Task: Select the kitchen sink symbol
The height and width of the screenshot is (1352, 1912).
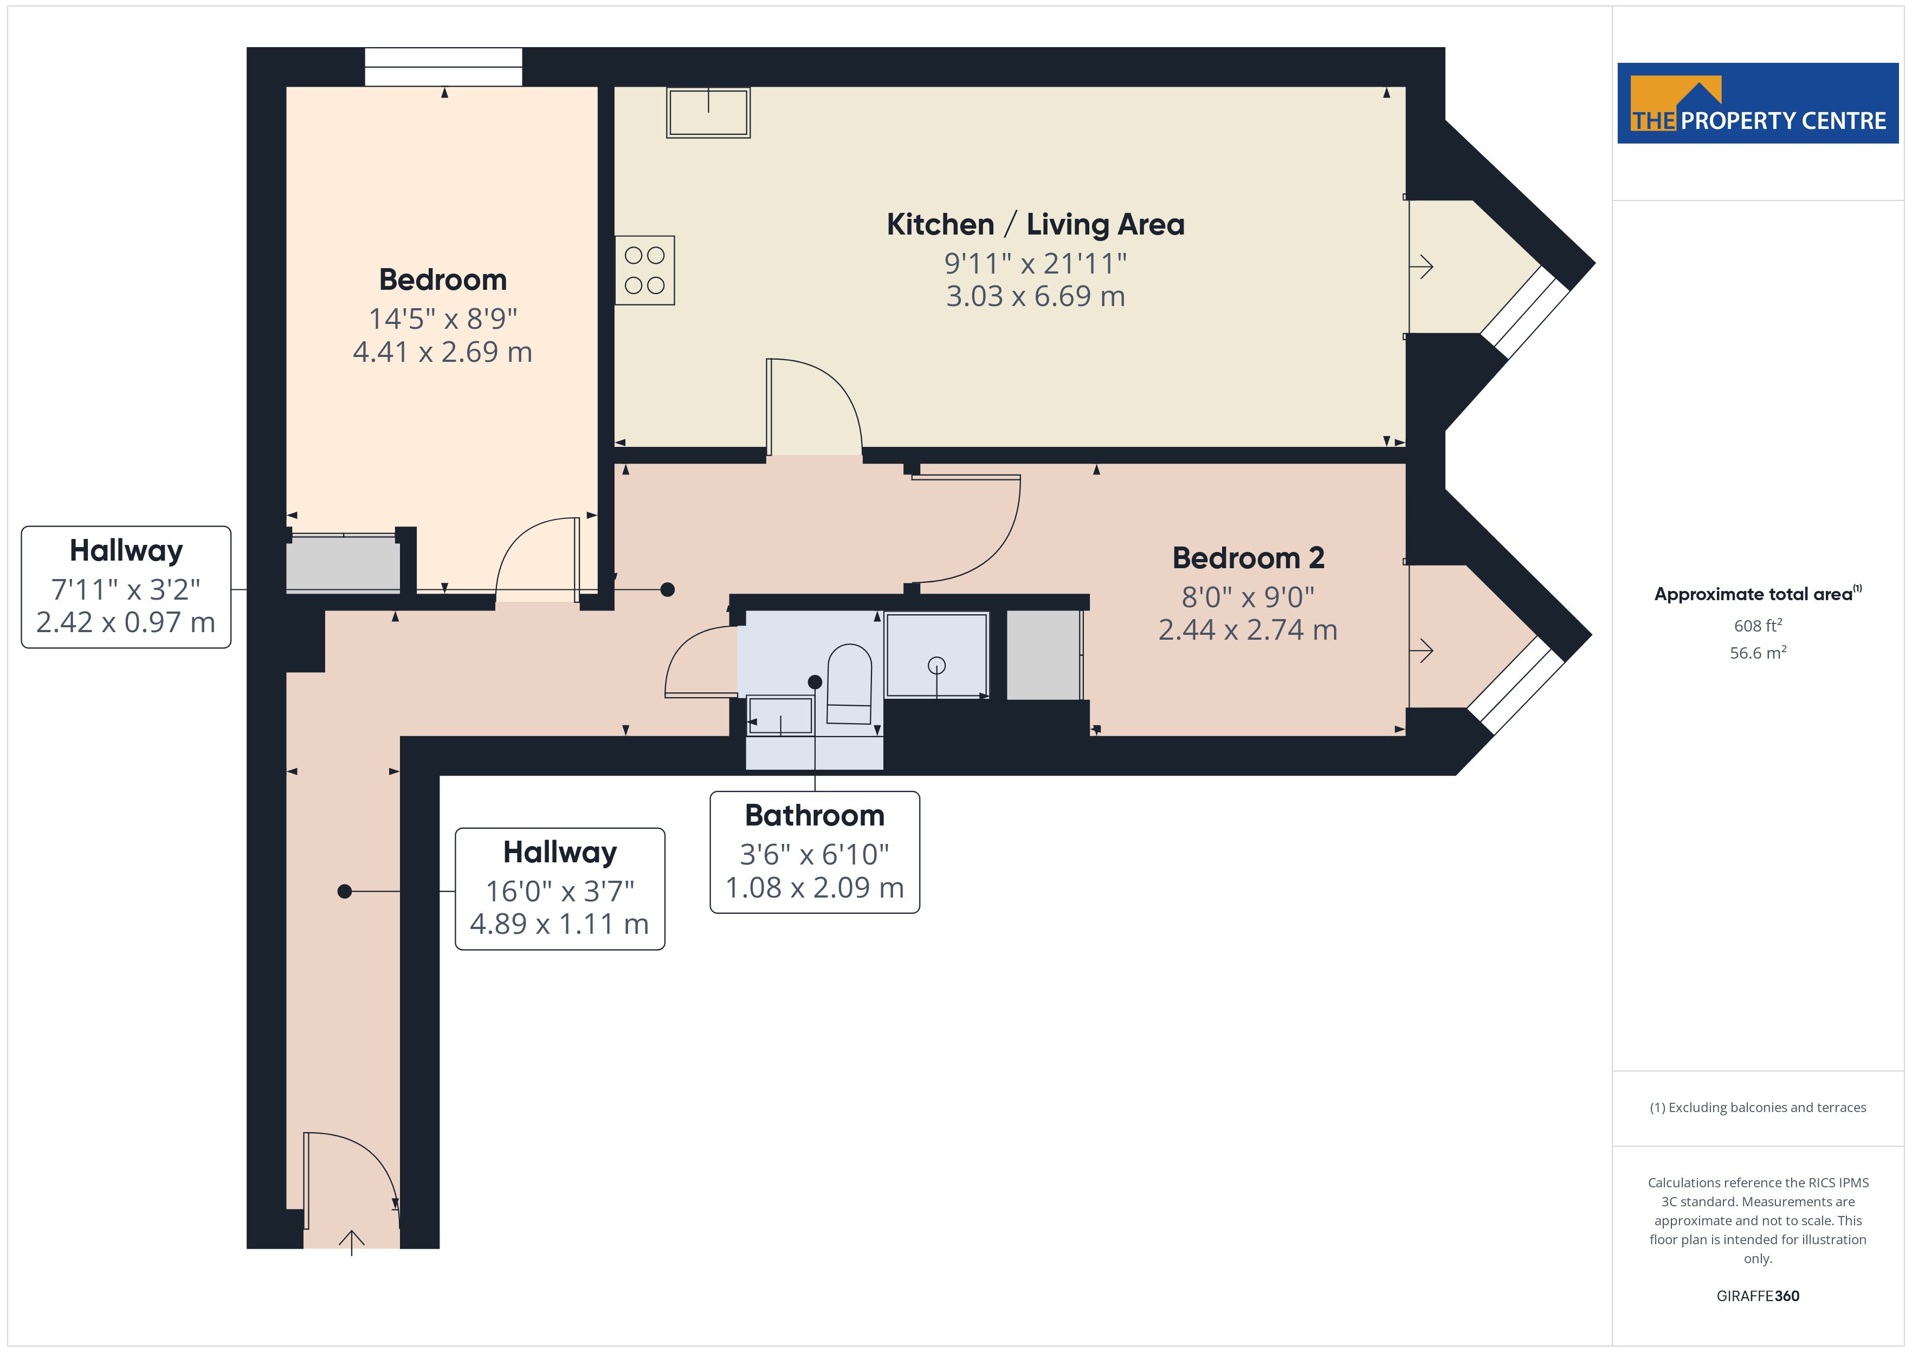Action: (708, 112)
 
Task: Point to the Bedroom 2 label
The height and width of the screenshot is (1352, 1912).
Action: (1248, 558)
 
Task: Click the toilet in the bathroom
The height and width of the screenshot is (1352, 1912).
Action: (849, 684)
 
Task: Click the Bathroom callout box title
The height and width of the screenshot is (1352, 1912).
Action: (815, 815)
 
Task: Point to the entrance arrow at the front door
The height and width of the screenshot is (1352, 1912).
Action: (351, 1242)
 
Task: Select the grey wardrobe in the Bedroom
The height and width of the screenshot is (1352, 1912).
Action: (343, 564)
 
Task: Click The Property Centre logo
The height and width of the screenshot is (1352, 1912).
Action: (1758, 103)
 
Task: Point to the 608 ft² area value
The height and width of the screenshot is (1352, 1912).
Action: (1758, 625)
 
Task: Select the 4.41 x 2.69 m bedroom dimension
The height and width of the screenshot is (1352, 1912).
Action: (442, 352)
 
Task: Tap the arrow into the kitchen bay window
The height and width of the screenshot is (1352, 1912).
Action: (1420, 266)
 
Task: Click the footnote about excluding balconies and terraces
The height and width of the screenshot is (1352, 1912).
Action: (1758, 1107)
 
